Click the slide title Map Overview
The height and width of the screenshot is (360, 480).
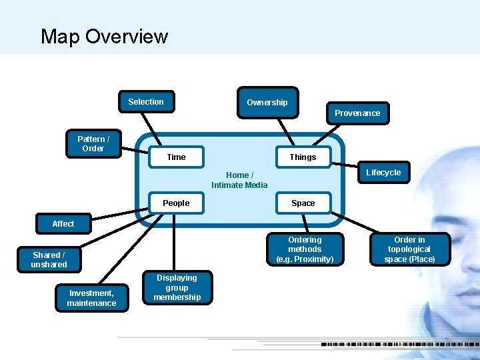[104, 36]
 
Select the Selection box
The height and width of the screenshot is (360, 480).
[146, 102]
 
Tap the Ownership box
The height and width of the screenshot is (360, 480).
[267, 103]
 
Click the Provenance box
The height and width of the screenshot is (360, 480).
[357, 113]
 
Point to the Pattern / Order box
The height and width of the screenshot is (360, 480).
[93, 144]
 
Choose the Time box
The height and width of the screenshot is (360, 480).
[177, 157]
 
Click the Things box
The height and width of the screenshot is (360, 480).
[303, 157]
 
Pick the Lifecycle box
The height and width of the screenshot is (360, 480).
[383, 173]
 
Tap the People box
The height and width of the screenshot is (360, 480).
[177, 203]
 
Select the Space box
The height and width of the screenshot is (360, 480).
[303, 203]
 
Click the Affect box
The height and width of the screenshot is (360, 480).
[63, 224]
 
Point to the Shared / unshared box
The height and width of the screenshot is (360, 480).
[49, 260]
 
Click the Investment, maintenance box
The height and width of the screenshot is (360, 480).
[91, 298]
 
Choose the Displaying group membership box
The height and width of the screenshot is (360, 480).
[177, 288]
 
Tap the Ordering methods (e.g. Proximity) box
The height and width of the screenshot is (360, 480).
[305, 249]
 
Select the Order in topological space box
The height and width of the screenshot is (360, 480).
[409, 249]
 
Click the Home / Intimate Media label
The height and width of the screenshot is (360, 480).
[239, 180]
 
